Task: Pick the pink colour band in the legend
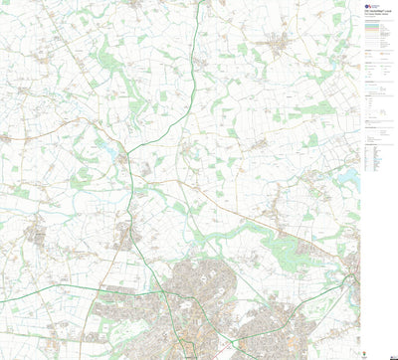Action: (x=373, y=30)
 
